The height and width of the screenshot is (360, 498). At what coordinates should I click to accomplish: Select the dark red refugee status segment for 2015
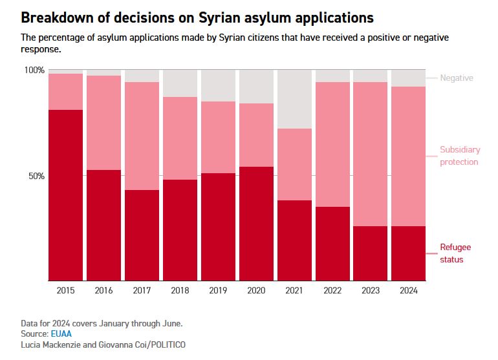(65, 195)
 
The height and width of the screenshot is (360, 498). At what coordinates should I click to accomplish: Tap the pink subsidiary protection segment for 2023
(371, 154)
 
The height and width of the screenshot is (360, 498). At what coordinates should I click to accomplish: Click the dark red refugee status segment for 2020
(257, 224)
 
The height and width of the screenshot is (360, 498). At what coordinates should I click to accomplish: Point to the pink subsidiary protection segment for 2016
(103, 123)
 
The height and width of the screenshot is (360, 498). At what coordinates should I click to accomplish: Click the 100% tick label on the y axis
(34, 70)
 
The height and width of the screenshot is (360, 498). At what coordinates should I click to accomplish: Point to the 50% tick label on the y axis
(36, 176)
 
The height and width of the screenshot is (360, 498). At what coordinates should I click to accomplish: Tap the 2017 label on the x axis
(142, 291)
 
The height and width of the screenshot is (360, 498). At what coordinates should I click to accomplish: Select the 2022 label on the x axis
(333, 291)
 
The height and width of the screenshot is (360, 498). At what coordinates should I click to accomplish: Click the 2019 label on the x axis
(219, 291)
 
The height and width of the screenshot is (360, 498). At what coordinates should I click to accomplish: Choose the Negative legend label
(457, 78)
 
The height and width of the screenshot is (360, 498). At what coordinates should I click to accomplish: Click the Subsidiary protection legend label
(459, 156)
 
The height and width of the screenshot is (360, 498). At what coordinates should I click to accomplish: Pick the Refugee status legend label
(455, 253)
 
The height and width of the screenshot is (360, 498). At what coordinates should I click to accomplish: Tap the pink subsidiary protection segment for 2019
(219, 137)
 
